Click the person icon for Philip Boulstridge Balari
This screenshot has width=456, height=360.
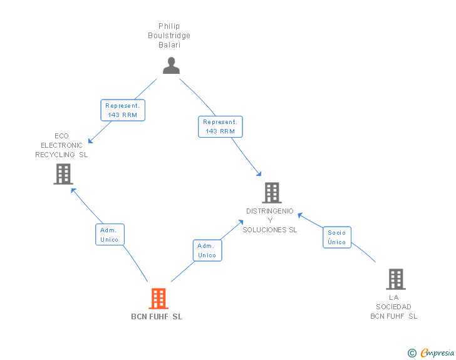point(171,66)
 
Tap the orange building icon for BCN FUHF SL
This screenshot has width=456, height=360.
point(158,299)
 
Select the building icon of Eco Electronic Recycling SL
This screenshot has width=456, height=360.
point(63,174)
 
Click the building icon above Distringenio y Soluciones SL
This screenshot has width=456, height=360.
point(272,192)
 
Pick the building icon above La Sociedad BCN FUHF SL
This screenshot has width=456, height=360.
point(396,279)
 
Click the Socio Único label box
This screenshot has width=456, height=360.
point(337,237)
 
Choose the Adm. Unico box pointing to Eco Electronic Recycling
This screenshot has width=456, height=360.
point(110,234)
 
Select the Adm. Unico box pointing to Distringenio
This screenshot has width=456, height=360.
point(207,250)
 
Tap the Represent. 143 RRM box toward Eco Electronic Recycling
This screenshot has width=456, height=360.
point(123,110)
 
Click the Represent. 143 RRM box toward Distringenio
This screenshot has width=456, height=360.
point(220,126)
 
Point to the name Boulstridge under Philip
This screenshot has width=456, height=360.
point(169,36)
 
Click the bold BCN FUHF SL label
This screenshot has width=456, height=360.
point(157,317)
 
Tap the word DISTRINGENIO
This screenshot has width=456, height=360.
point(270,211)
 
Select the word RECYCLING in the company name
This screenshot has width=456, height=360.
point(55,155)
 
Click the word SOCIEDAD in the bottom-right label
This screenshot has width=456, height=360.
point(393,307)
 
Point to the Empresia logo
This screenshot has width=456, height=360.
point(437,352)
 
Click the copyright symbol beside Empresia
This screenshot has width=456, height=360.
point(412,353)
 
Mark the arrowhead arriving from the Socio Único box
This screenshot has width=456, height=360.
point(300,215)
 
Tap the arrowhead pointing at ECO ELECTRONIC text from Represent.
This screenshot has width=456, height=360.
point(90,141)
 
